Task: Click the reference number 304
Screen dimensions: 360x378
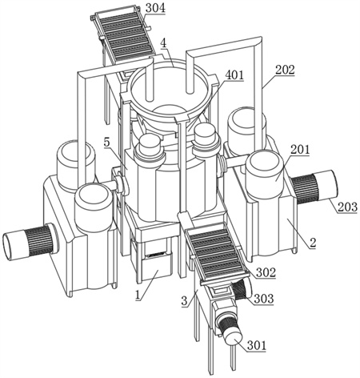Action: [155, 8]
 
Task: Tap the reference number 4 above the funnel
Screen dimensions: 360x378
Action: [163, 43]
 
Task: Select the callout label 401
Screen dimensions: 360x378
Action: [234, 75]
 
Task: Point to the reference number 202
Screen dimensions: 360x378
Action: [285, 70]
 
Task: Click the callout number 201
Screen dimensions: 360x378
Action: [300, 150]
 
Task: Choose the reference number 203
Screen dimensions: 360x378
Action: [347, 207]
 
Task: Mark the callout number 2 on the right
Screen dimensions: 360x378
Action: [313, 243]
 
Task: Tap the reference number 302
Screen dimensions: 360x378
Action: [266, 272]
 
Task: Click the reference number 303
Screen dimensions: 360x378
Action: [264, 299]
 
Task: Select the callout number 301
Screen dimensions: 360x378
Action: [257, 345]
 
